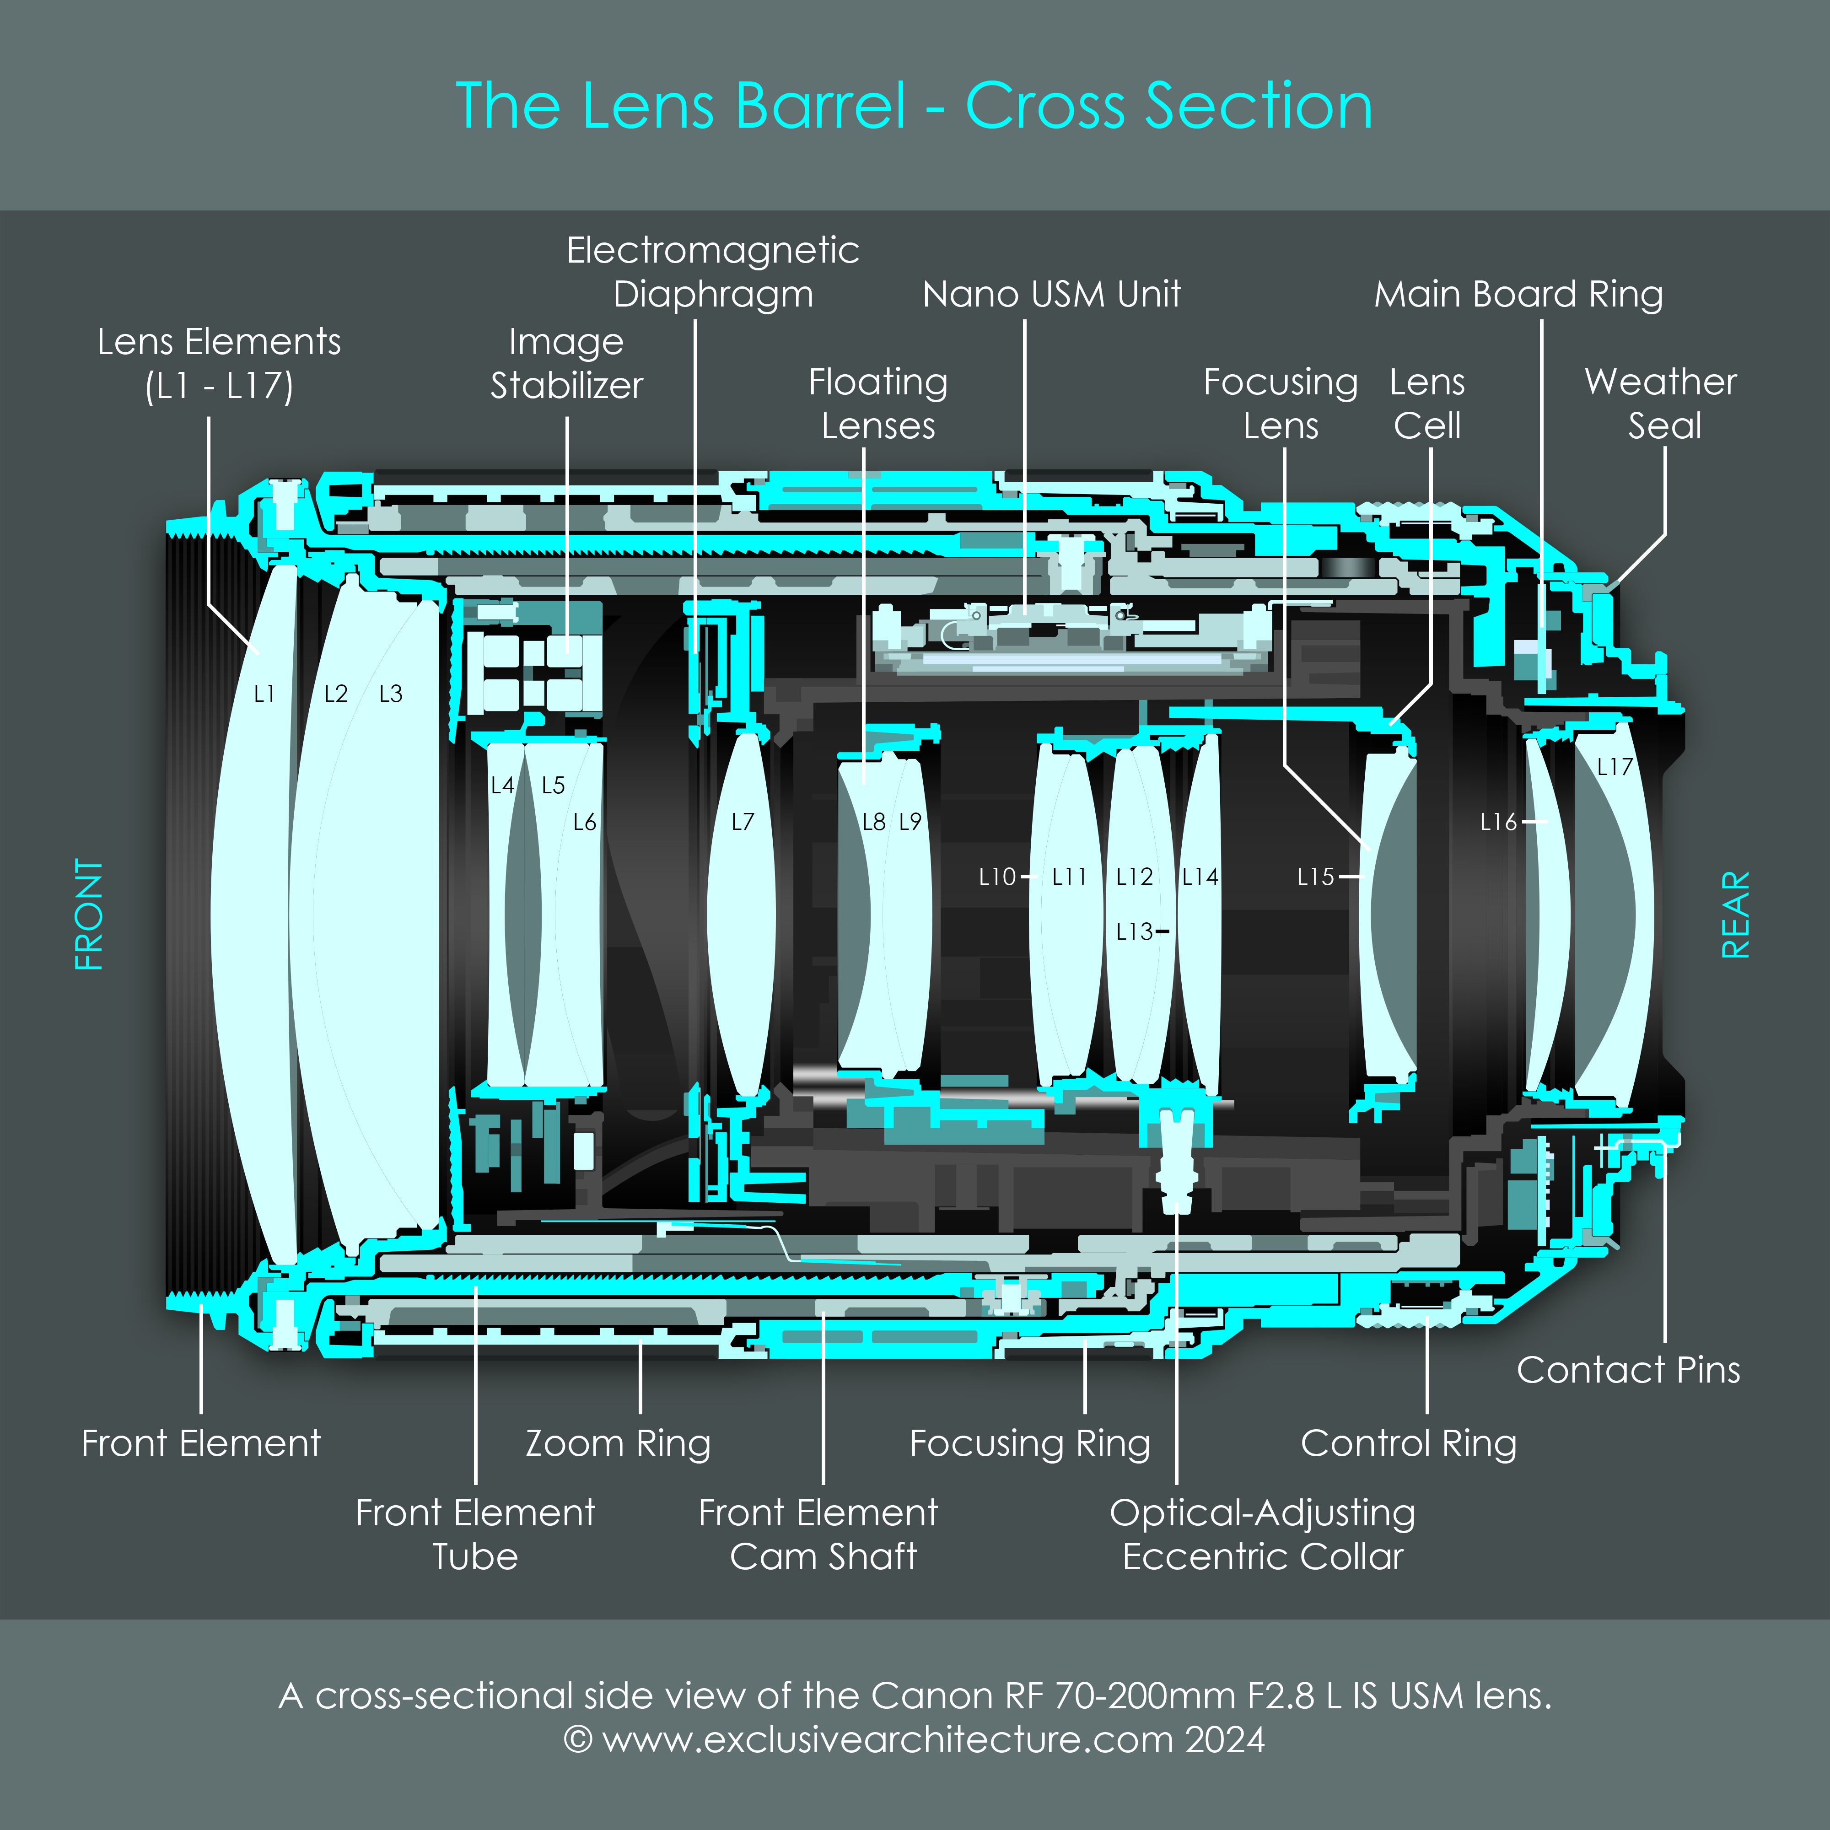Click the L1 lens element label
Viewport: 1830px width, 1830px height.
pyautogui.click(x=264, y=694)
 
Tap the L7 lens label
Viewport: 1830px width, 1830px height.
pyautogui.click(x=743, y=822)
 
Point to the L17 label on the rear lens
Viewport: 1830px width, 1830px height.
pyautogui.click(x=1614, y=767)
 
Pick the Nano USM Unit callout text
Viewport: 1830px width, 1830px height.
pyautogui.click(x=1051, y=295)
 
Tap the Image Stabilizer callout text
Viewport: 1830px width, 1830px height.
pyautogui.click(x=566, y=364)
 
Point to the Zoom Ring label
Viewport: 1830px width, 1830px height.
pyautogui.click(x=618, y=1443)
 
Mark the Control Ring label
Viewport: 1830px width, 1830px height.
pyautogui.click(x=1409, y=1443)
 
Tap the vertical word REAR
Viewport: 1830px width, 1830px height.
pyautogui.click(x=1735, y=915)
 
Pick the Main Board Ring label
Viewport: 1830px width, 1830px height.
pyautogui.click(x=1518, y=295)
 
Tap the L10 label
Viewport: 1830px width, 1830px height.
pyautogui.click(x=996, y=877)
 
